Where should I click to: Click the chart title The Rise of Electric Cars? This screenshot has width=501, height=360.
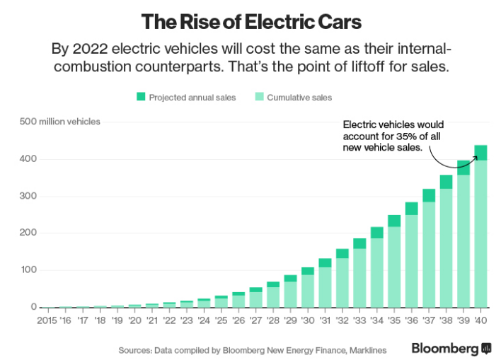coord(250,22)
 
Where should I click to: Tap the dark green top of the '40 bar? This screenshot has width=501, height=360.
coord(481,153)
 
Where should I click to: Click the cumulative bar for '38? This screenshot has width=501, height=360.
coord(447,248)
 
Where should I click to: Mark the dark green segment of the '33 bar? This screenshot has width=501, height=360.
coord(359,243)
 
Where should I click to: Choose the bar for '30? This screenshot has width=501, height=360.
coord(307,290)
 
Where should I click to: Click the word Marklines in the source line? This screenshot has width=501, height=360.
coord(362,349)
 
